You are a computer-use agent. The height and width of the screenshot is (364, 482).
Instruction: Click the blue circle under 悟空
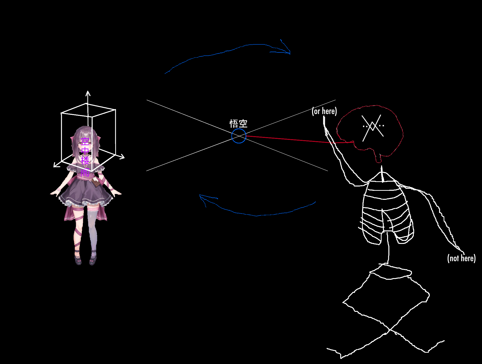(x=239, y=136)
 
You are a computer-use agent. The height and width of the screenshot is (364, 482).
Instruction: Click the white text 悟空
(x=238, y=124)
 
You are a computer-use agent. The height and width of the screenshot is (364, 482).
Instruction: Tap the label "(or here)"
(x=324, y=111)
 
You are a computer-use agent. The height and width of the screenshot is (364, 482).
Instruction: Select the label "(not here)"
(x=461, y=258)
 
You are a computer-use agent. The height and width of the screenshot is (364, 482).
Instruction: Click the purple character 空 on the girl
(x=85, y=142)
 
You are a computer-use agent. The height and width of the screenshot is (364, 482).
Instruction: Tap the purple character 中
(x=85, y=151)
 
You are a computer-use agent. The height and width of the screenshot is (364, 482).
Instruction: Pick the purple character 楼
(x=85, y=160)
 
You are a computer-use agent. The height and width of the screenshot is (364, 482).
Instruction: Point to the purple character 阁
(x=85, y=172)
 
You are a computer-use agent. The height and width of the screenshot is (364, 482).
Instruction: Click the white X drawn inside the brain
(x=373, y=128)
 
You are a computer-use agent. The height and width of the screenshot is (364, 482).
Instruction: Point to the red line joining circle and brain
(x=300, y=140)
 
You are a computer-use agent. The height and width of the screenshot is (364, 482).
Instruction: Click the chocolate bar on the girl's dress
(x=96, y=183)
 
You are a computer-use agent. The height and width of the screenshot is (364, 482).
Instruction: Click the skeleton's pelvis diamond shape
(x=386, y=298)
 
